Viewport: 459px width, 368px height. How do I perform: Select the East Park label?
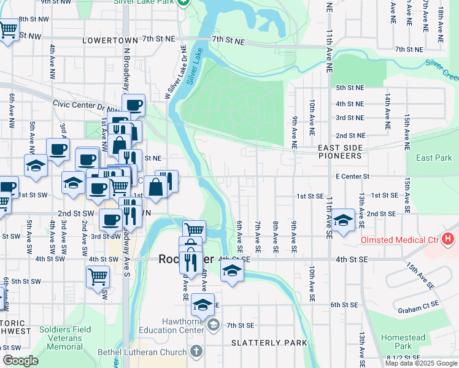click(433, 158)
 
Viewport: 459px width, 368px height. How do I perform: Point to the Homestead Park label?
click(403, 342)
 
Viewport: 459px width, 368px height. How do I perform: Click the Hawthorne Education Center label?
click(182, 326)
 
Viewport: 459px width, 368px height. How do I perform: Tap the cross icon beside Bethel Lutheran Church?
click(196, 351)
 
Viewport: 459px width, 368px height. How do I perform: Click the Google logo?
click(20, 361)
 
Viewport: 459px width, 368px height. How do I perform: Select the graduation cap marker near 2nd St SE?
click(343, 219)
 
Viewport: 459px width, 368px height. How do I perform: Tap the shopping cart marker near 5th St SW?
click(98, 277)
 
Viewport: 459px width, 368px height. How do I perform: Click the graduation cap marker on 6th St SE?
click(202, 304)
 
